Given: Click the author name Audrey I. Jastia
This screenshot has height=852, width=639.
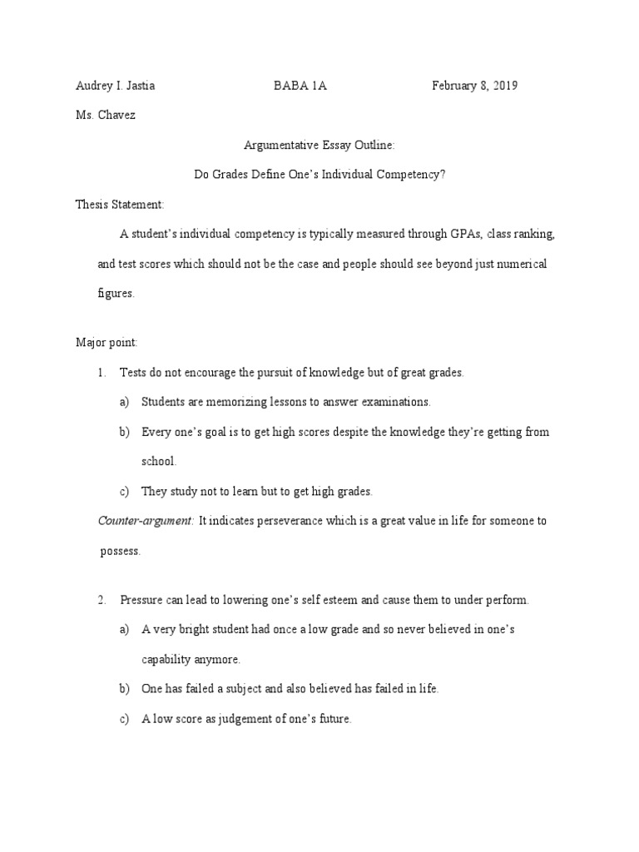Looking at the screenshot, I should click(x=115, y=86).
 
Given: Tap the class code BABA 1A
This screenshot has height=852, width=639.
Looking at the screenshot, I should click(x=300, y=86).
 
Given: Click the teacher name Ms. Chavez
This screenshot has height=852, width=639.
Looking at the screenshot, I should click(x=105, y=115).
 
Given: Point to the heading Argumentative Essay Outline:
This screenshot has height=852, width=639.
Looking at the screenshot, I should click(x=319, y=145).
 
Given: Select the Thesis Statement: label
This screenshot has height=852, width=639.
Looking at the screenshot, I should click(x=120, y=204).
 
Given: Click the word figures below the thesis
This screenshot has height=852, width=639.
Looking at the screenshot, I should click(x=115, y=293).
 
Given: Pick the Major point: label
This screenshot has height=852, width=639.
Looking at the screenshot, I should click(x=106, y=343).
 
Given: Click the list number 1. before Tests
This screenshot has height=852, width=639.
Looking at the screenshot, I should click(x=102, y=373).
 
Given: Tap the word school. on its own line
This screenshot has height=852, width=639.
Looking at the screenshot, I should click(x=159, y=461).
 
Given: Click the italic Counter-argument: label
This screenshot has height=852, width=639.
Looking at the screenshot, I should click(x=146, y=521).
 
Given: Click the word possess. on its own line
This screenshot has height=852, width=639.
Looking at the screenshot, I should click(x=120, y=550).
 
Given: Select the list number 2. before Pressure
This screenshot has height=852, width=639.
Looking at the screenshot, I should click(x=102, y=600).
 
